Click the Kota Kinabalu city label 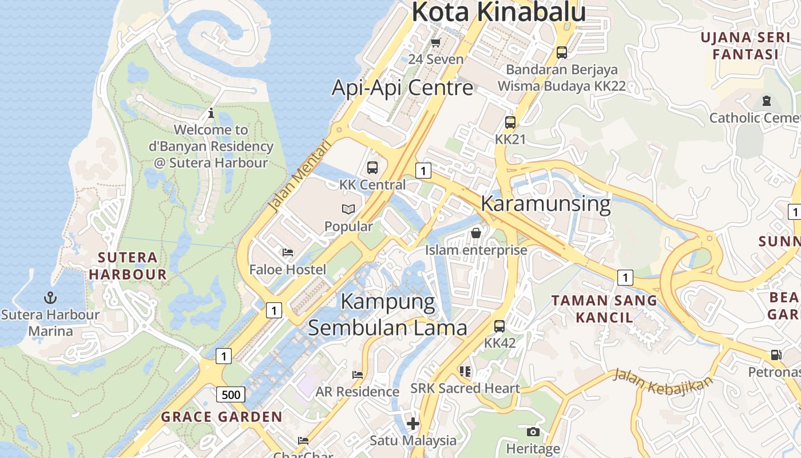[x=498, y=13]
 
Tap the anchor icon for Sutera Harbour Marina [x=50, y=298]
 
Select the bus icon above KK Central [x=372, y=168]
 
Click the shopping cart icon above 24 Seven [x=436, y=42]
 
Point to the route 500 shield [x=231, y=394]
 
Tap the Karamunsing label [x=545, y=204]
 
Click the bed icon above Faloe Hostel [x=288, y=252]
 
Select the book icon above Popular [x=348, y=210]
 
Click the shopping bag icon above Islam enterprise [x=475, y=233]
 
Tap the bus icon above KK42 [x=499, y=326]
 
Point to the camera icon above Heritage [x=533, y=432]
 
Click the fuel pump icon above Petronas [x=776, y=355]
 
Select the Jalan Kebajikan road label [x=663, y=382]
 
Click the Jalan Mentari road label [x=300, y=176]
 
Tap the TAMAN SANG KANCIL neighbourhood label [x=604, y=309]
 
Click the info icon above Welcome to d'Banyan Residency [x=211, y=113]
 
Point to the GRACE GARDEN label [x=221, y=417]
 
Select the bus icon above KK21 [x=510, y=123]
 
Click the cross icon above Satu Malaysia [x=413, y=424]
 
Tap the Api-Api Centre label [x=403, y=88]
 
